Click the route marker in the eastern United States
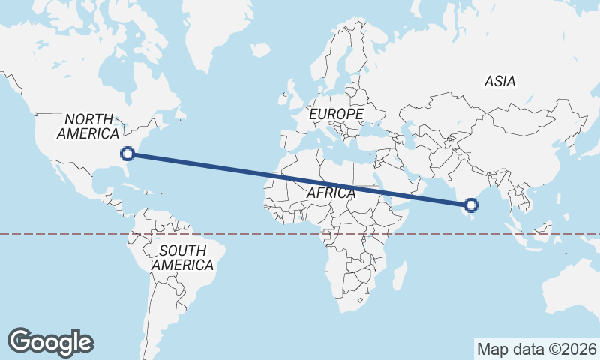127,154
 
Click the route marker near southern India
471,205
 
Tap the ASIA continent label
499,81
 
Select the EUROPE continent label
336,114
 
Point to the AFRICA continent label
331,193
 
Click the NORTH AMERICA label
88,126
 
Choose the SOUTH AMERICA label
182,257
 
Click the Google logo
50,341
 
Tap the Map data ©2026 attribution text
537,349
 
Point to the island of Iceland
259,50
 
